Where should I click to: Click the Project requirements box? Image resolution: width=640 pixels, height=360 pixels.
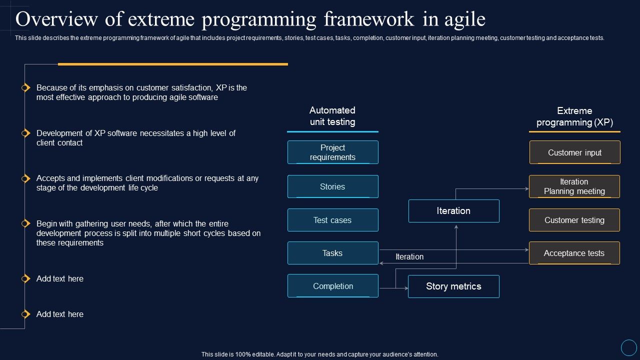(x=332, y=152)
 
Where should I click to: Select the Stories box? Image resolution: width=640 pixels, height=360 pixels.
(x=332, y=186)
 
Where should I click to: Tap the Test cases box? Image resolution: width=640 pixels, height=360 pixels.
(x=332, y=220)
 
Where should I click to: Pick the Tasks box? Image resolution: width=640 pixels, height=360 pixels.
(x=332, y=253)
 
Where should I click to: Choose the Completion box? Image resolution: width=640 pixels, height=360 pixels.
(x=332, y=286)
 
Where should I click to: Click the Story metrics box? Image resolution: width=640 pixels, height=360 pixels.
(x=453, y=286)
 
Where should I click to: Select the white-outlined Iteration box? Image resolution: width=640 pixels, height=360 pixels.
(x=453, y=211)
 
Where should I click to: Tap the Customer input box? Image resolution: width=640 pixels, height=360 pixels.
(x=574, y=152)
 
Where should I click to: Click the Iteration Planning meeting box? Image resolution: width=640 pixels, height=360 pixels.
(x=574, y=186)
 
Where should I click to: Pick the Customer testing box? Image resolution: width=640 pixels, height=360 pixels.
(x=574, y=220)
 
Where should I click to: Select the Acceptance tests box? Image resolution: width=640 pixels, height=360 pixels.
(x=574, y=253)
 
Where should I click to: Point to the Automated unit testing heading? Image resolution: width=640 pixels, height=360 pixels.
(x=332, y=116)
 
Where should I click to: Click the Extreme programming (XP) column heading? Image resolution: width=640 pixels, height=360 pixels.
(x=574, y=116)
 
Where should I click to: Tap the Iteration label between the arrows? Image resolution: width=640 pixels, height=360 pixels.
(x=409, y=256)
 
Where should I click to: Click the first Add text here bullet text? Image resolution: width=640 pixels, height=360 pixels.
(x=60, y=278)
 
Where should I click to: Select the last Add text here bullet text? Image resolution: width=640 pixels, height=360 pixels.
(x=60, y=314)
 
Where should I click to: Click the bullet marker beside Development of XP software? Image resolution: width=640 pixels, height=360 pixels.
(x=25, y=133)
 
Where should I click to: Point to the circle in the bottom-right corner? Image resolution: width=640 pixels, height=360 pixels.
(x=628, y=347)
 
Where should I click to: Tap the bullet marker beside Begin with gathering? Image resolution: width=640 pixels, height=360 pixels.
(x=25, y=223)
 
